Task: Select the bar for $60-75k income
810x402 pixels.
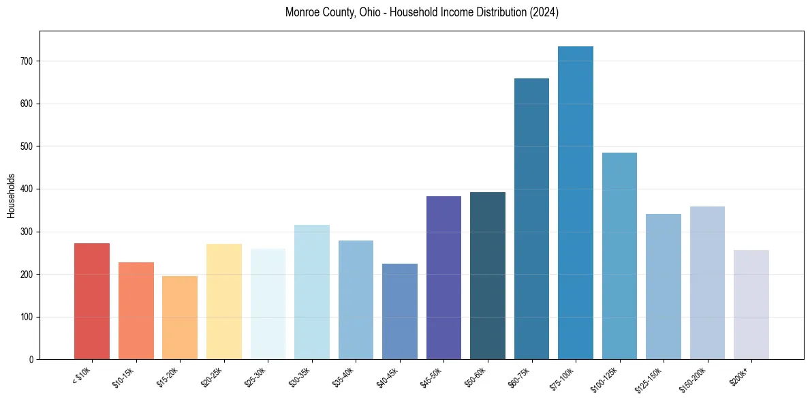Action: click(x=531, y=219)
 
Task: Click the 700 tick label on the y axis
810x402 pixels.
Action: click(x=27, y=61)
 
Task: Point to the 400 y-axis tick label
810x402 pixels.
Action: click(x=27, y=189)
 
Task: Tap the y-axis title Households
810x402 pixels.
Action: click(x=11, y=196)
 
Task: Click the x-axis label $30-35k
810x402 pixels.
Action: click(x=300, y=377)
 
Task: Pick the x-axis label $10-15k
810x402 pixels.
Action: click(x=125, y=377)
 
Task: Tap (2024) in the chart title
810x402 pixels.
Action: click(x=544, y=13)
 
